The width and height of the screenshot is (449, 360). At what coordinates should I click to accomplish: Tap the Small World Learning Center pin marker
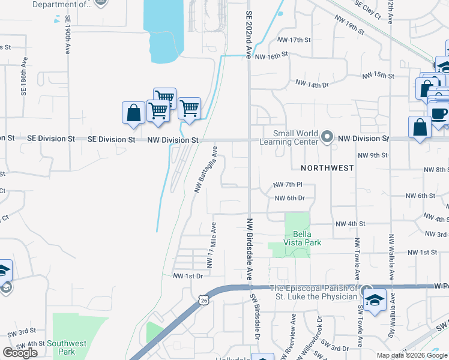[x=327, y=137]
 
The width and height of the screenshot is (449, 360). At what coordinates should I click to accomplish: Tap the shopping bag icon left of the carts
[x=133, y=113]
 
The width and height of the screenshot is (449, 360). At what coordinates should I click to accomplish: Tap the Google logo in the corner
[x=20, y=353]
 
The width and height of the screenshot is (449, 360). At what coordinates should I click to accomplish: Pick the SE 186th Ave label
[x=25, y=77]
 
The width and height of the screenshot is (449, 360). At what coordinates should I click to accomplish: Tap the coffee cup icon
[x=439, y=113]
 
